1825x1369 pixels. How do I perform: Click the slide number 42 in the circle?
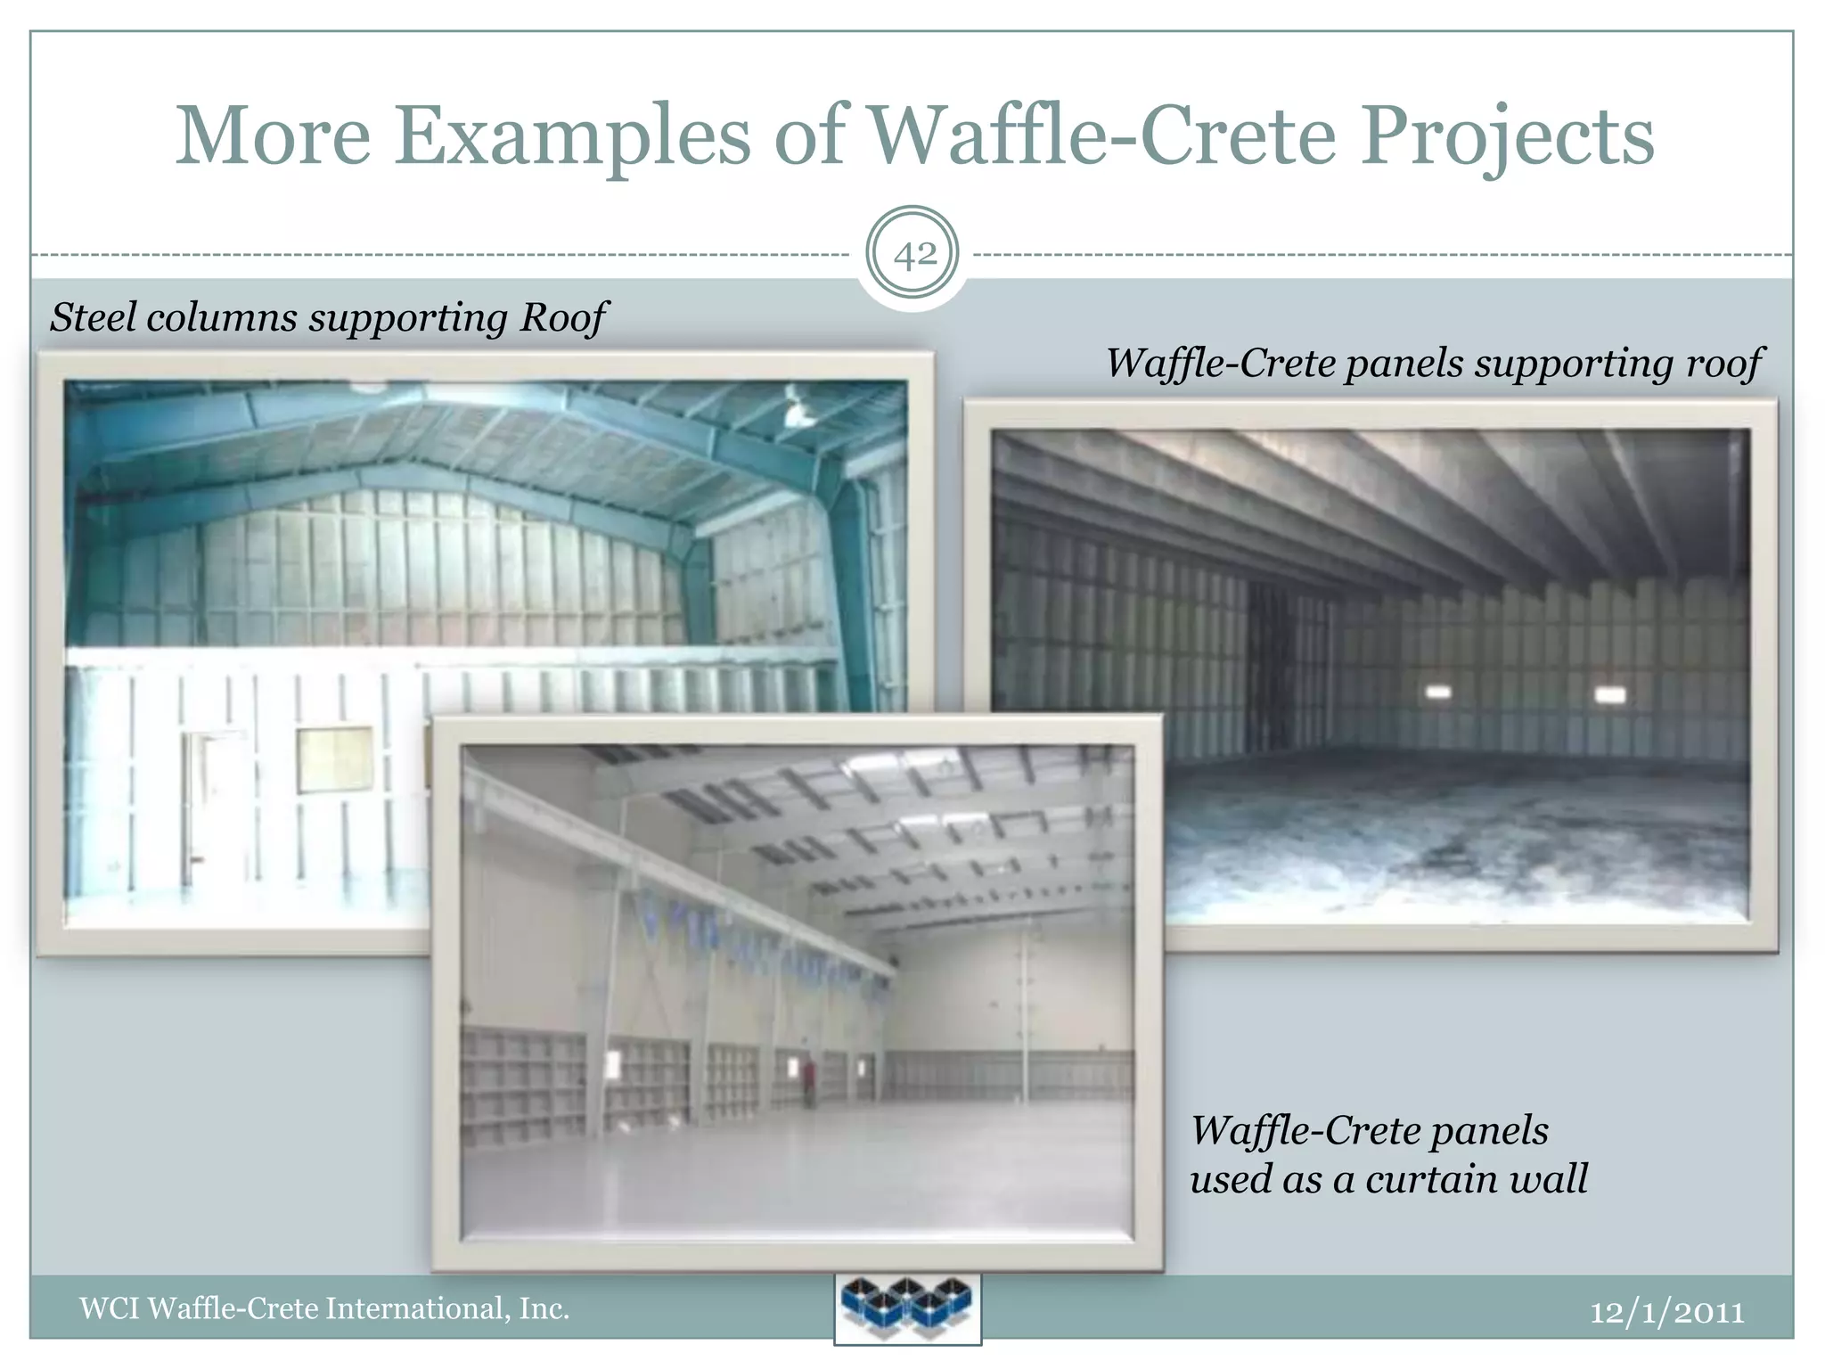coord(913,256)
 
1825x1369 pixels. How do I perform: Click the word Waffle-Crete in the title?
coord(1101,136)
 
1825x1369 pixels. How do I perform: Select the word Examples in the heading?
coord(572,136)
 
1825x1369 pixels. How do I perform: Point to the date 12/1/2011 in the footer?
coord(1667,1312)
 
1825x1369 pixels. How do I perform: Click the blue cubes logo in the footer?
coord(907,1308)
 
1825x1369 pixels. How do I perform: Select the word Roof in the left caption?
coord(564,317)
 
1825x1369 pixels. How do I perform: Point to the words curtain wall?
coord(1476,1179)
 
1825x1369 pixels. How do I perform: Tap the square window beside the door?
coord(334,758)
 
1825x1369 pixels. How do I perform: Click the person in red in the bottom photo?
coord(810,1079)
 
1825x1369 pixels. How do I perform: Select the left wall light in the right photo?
coord(1438,692)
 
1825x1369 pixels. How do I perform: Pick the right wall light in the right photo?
coord(1609,693)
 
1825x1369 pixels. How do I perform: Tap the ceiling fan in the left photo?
coord(796,406)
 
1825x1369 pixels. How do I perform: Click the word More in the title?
coord(273,136)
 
